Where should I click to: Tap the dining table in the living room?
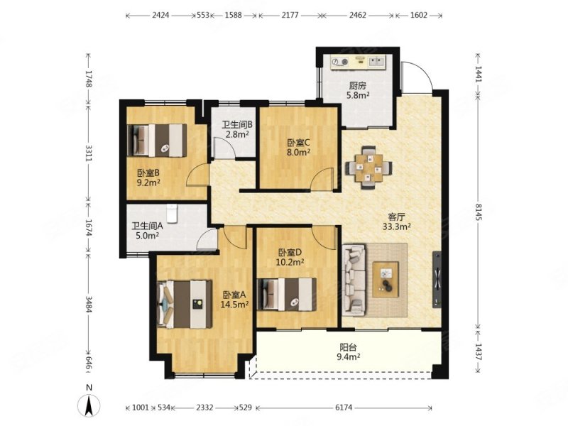[x=368, y=168]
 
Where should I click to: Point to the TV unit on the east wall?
[x=437, y=279]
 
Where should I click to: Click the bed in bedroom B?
[x=157, y=141]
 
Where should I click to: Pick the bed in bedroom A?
[x=185, y=304]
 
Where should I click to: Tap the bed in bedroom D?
[x=287, y=294]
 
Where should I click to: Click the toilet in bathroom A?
[x=171, y=214]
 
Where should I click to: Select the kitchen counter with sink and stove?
[x=359, y=62]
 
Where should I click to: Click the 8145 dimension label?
[x=479, y=211]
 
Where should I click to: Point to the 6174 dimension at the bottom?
[x=344, y=408]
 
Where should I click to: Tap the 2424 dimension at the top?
[x=160, y=15]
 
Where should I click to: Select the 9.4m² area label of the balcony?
[x=348, y=357]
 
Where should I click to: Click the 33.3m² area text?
[x=396, y=226]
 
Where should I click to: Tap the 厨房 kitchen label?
[x=358, y=86]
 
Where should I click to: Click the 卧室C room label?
[x=298, y=143]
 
